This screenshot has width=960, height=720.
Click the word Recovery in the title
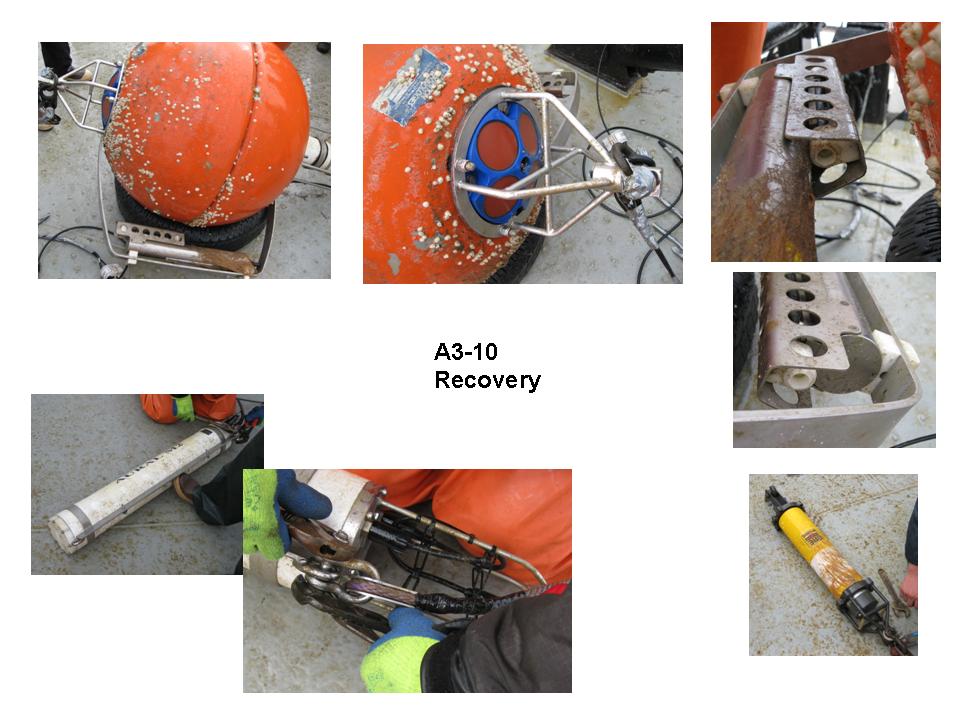(487, 380)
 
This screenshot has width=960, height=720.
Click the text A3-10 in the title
(465, 352)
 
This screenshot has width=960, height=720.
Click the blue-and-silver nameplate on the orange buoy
(410, 86)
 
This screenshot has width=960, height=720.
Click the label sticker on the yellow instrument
(811, 538)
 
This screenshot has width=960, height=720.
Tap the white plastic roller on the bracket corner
(893, 349)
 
